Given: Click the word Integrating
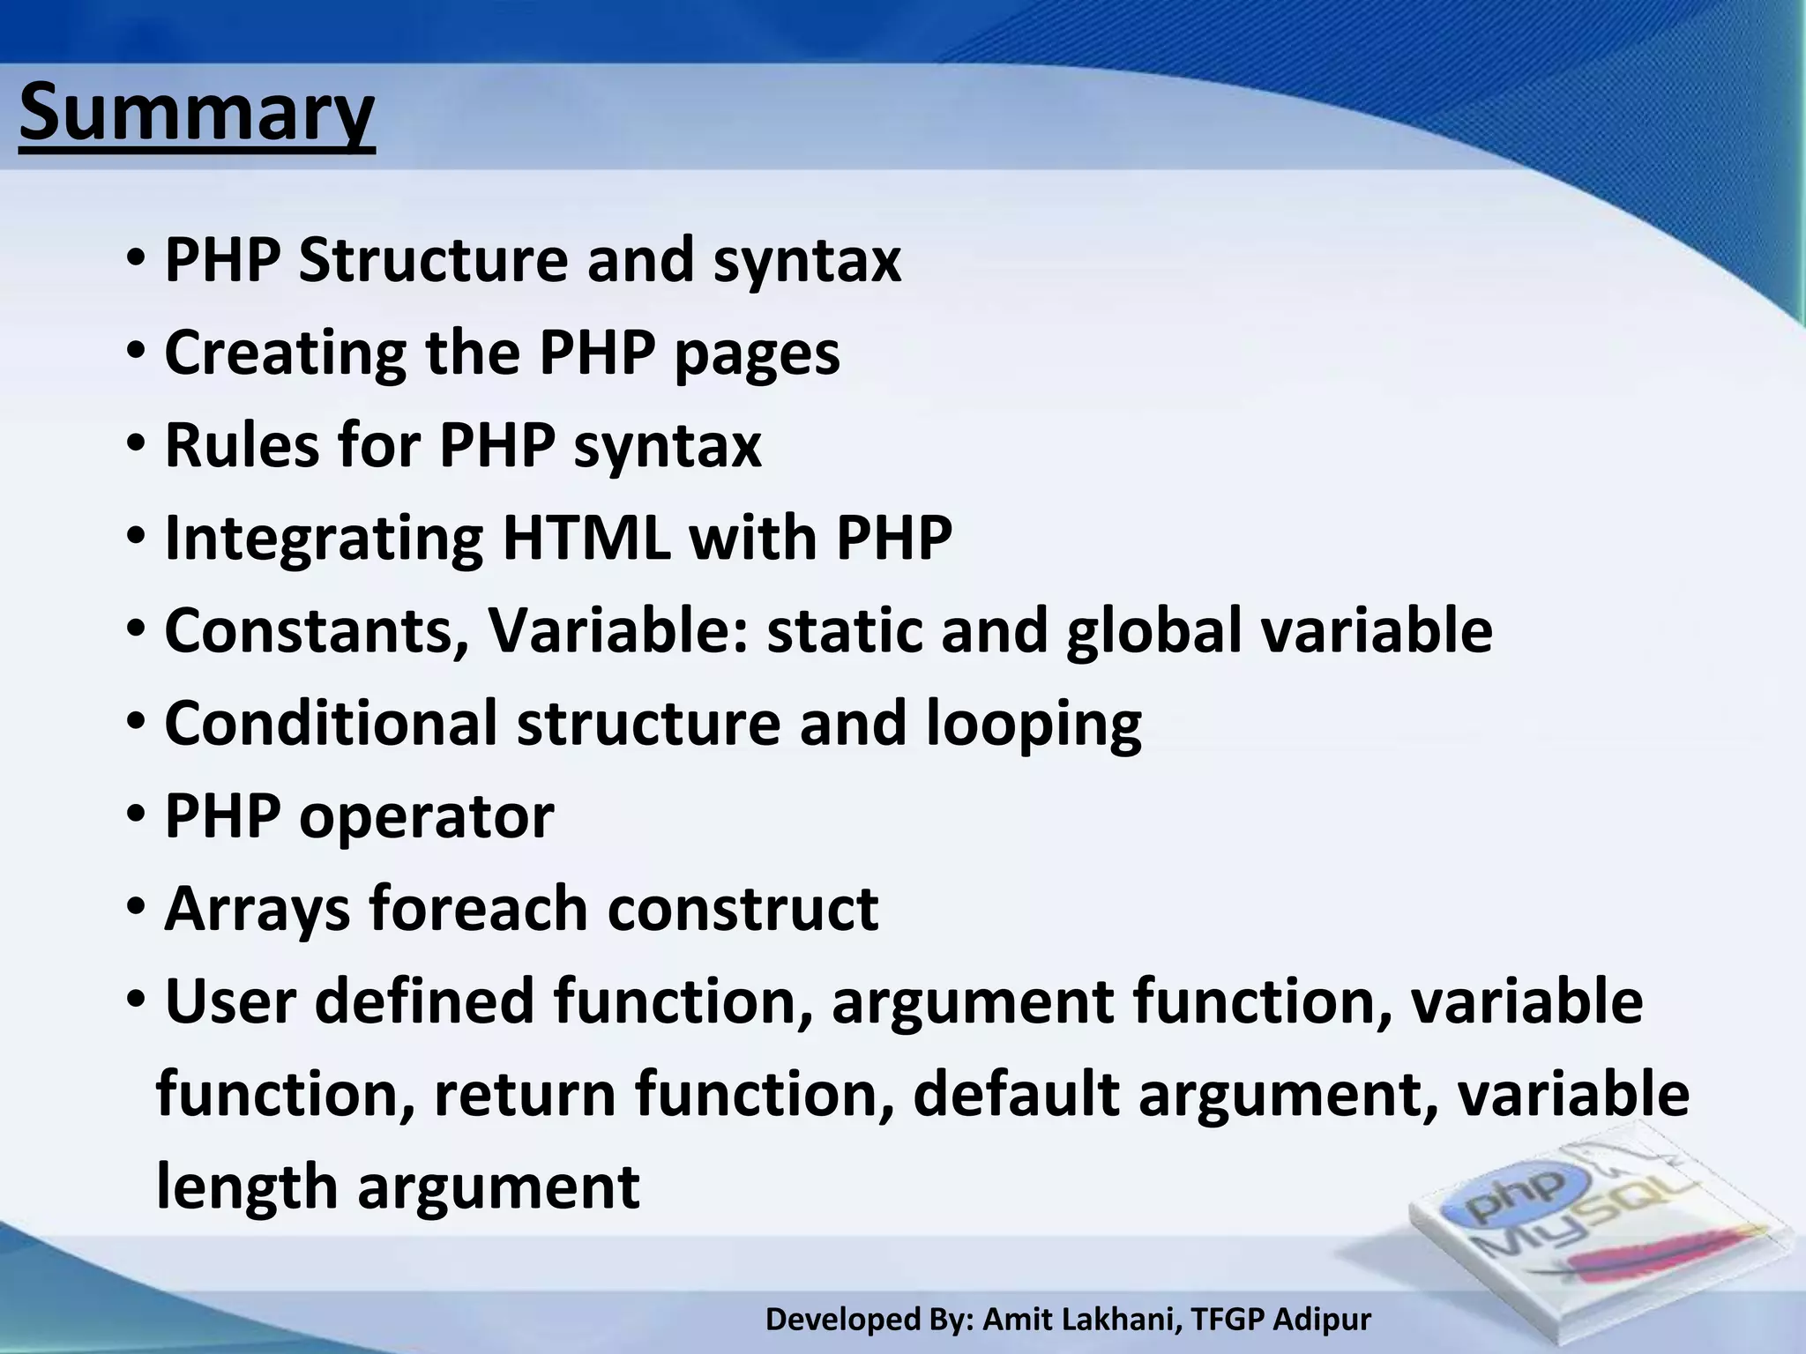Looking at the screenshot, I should (x=324, y=539).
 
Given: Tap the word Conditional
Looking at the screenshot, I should (x=331, y=723).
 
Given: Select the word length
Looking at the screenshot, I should (x=247, y=1187).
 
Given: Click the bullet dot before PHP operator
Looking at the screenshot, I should (x=136, y=815).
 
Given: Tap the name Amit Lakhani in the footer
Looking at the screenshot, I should (x=1082, y=1319).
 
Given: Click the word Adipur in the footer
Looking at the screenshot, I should (x=1323, y=1320).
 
